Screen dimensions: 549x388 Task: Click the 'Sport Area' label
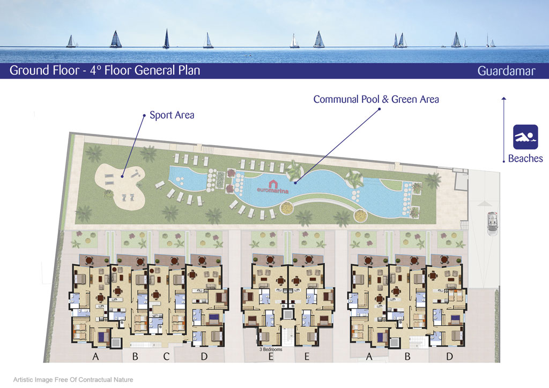[172, 115]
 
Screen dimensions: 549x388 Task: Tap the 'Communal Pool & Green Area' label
[376, 99]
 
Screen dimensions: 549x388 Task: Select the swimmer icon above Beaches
[525, 137]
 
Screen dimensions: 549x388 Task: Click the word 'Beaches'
[525, 159]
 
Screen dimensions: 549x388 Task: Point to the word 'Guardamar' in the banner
[506, 71]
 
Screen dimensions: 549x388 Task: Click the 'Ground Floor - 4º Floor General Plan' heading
[105, 70]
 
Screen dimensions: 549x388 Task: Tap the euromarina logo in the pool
[273, 187]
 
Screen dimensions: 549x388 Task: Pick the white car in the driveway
[493, 223]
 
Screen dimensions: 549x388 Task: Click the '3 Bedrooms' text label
[271, 349]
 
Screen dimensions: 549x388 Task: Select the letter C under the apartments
[166, 356]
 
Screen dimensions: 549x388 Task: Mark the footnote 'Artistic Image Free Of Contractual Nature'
[73, 379]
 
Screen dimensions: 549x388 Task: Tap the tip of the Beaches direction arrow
[504, 97]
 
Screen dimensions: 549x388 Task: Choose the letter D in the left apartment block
[204, 356]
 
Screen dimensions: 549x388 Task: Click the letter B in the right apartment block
[407, 356]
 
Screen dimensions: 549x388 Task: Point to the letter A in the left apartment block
[95, 356]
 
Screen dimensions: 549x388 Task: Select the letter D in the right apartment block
[450, 356]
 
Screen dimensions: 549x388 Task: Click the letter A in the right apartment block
[369, 356]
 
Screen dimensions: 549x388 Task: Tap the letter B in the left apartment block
[135, 356]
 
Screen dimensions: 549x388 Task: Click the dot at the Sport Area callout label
[144, 115]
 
